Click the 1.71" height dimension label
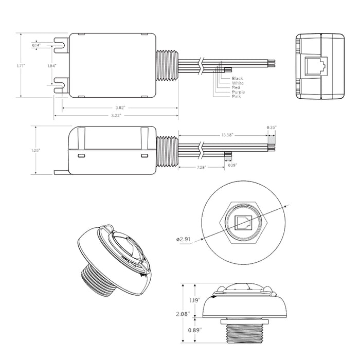pos(21,66)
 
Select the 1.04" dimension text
pos(51,66)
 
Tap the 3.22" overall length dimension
pos(120,116)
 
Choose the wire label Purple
pos(224,92)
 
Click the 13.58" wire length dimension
pos(227,135)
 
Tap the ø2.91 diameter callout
pos(184,240)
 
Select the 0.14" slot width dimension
pos(37,45)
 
